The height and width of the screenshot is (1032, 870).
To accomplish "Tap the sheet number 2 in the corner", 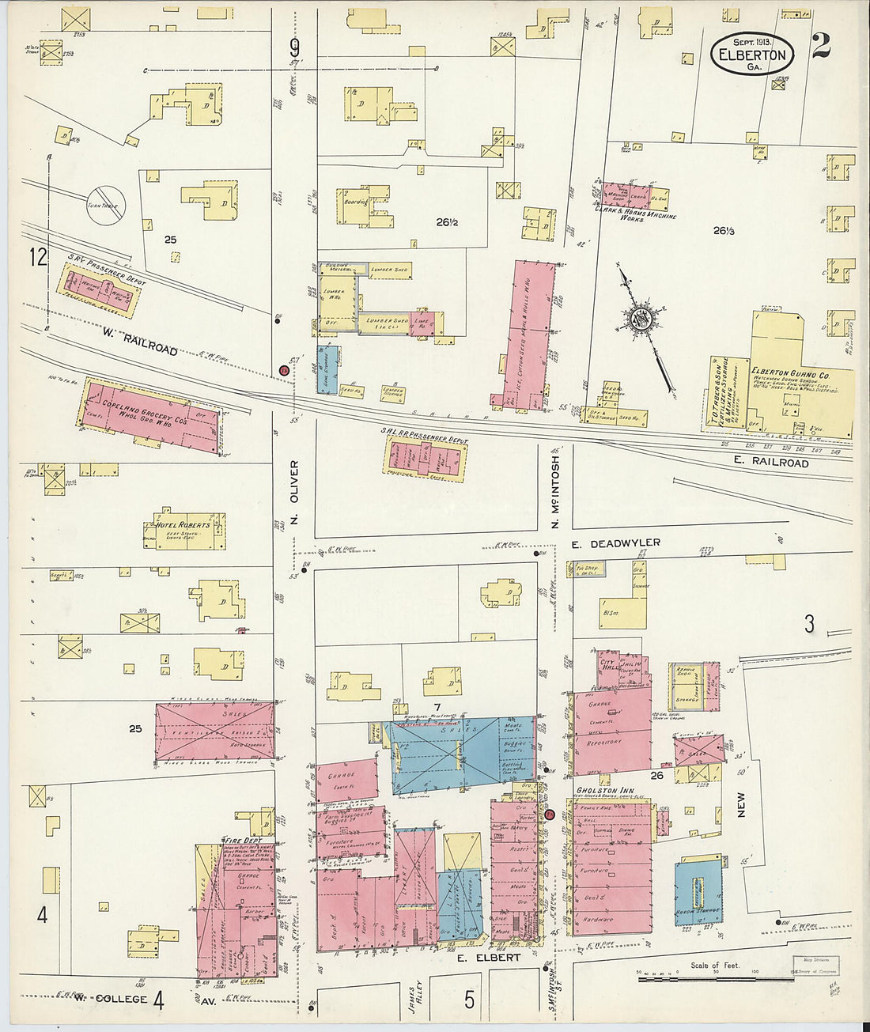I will (x=820, y=47).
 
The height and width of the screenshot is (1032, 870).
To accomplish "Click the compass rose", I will (x=638, y=319).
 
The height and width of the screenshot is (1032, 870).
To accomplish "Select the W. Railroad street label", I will (x=139, y=342).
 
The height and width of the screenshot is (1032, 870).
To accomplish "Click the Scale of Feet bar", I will (x=715, y=979).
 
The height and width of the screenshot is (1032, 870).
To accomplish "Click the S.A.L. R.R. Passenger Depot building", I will (x=425, y=458).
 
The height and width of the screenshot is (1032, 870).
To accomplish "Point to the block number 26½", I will (x=447, y=222).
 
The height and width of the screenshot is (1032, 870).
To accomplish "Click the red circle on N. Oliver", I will (x=284, y=370).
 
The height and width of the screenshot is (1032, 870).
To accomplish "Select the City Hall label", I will (x=608, y=663).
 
